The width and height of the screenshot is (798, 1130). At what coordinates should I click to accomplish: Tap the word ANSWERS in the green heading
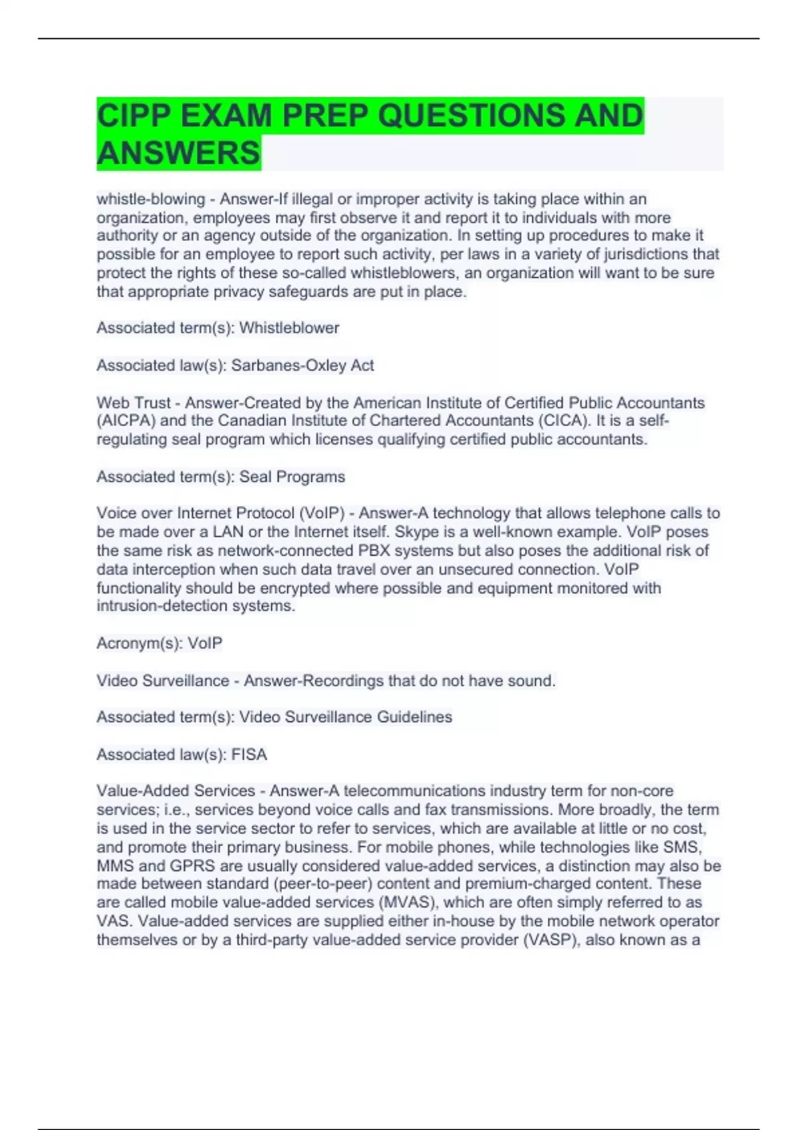(x=178, y=153)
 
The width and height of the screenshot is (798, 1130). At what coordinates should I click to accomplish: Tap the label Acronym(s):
(x=140, y=643)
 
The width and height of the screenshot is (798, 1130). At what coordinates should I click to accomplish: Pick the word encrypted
(x=295, y=588)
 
